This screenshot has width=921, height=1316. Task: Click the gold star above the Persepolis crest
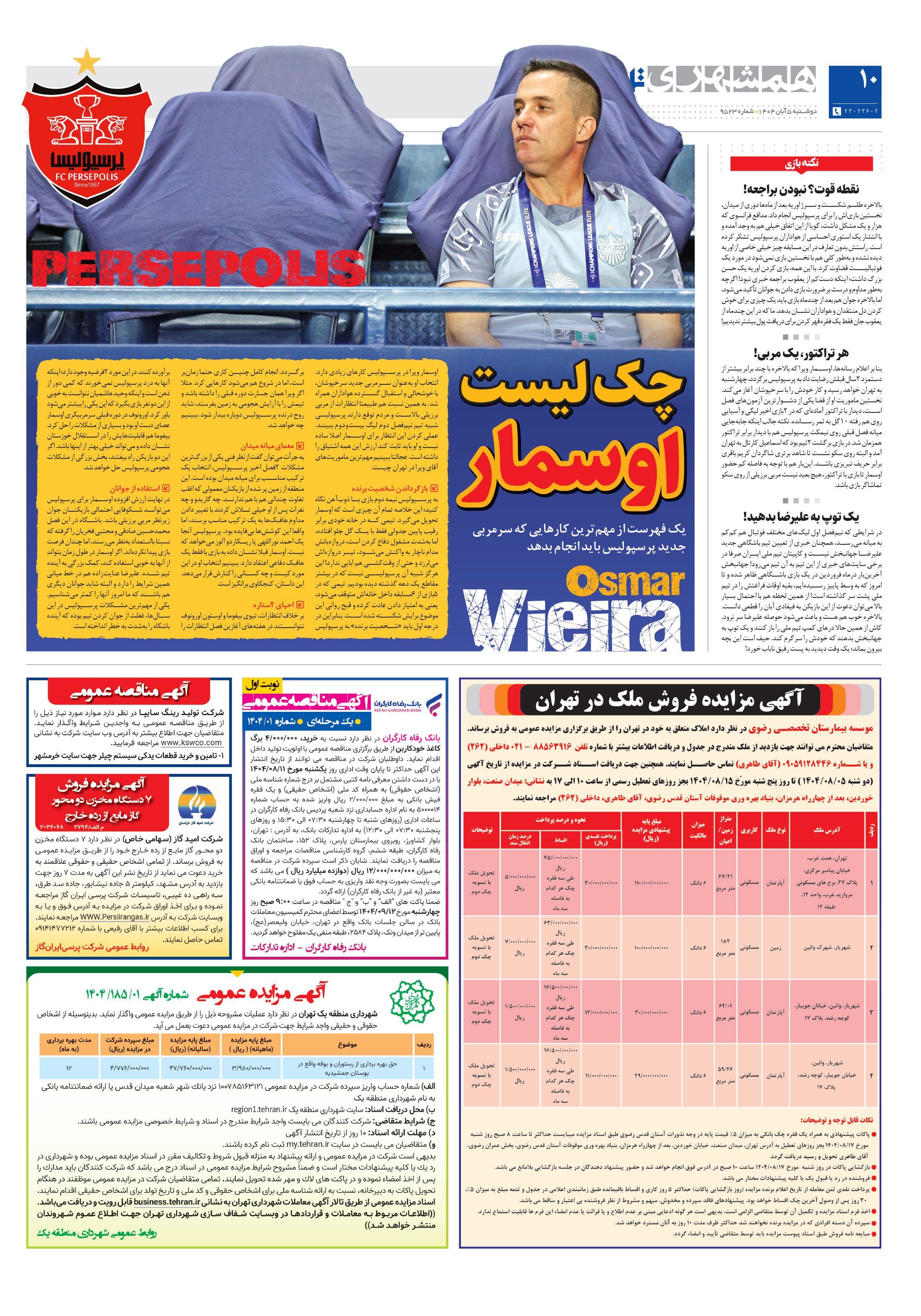tap(87, 61)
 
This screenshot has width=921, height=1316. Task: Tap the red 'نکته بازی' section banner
tap(801, 163)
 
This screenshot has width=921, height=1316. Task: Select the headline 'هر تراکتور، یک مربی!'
tap(801, 353)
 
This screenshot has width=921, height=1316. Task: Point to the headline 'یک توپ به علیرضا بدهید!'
tap(801, 516)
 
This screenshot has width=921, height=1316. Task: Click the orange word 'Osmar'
tap(625, 582)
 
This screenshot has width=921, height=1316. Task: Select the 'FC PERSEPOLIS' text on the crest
tap(87, 177)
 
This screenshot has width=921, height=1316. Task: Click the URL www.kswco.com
tap(191, 743)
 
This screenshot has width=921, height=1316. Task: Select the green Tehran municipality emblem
tap(412, 1001)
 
